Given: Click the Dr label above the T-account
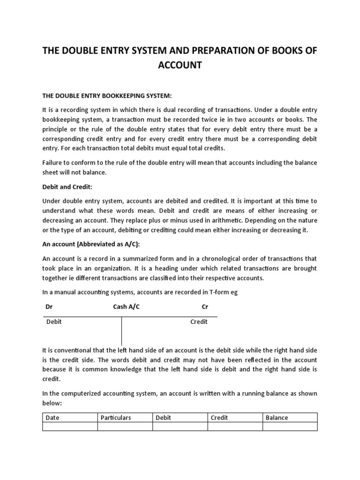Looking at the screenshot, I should coord(49,307).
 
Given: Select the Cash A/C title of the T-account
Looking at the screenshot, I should coord(126,307).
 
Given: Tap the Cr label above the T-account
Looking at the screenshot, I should coord(204,307).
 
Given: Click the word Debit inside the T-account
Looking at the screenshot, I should coord(54,322).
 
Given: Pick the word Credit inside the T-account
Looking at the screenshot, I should coord(199,322).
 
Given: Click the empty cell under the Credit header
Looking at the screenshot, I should coord(235,426).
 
